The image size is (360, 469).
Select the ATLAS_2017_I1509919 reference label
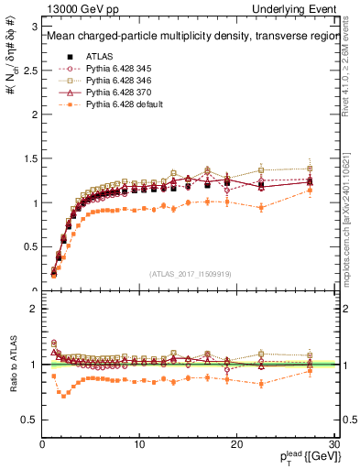tap(191, 272)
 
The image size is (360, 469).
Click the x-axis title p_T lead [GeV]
tap(302, 457)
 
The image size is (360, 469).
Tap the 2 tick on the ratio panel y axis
tap(35, 309)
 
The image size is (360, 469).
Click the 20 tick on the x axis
tap(238, 444)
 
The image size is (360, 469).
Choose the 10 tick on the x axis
tap(140, 444)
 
